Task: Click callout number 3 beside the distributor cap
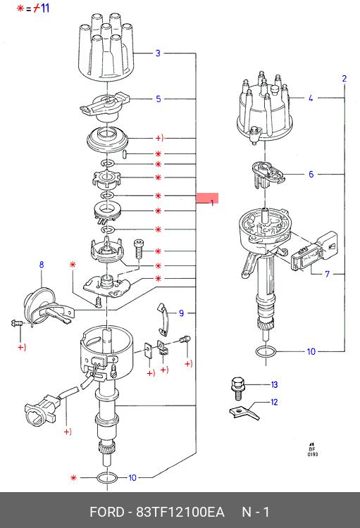(x=158, y=54)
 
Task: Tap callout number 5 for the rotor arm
(x=159, y=99)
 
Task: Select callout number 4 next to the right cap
(x=311, y=98)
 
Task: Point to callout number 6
(x=311, y=174)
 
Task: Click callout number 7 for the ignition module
(x=328, y=274)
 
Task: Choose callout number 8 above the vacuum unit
(x=42, y=264)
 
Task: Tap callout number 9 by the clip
(x=181, y=313)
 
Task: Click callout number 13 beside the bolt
(x=274, y=384)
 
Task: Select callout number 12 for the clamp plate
(x=274, y=402)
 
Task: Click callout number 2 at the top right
(x=345, y=78)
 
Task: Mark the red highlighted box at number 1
(x=207, y=198)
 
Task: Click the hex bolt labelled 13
(x=237, y=388)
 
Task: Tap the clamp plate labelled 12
(x=244, y=413)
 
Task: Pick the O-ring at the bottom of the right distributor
(x=266, y=353)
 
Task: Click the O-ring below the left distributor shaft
(x=107, y=477)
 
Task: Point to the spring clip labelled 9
(x=164, y=319)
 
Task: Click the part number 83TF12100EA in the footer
(x=180, y=513)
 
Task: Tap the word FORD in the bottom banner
(x=107, y=513)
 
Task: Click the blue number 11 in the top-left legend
(x=45, y=8)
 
